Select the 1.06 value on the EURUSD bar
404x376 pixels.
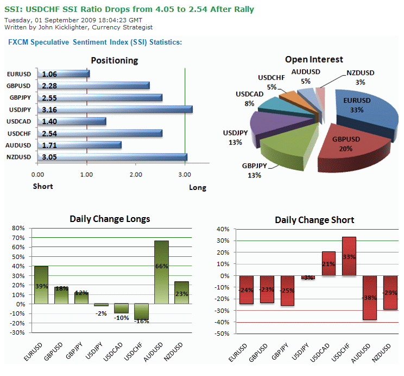pyautogui.click(x=49, y=74)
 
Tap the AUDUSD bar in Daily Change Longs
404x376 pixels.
pyautogui.click(x=161, y=272)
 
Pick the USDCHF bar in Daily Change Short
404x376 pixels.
pyautogui.click(x=349, y=256)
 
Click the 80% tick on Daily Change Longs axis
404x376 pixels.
pyautogui.click(x=18, y=228)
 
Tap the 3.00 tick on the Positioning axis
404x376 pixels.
pyautogui.click(x=185, y=175)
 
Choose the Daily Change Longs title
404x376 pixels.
pyautogui.click(x=110, y=219)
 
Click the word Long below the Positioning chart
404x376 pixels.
pyautogui.click(x=198, y=188)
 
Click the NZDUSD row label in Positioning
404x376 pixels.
pyautogui.click(x=19, y=157)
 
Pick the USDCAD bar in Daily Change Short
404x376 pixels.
pyautogui.click(x=329, y=264)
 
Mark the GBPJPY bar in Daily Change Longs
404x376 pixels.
pyautogui.click(x=81, y=298)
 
